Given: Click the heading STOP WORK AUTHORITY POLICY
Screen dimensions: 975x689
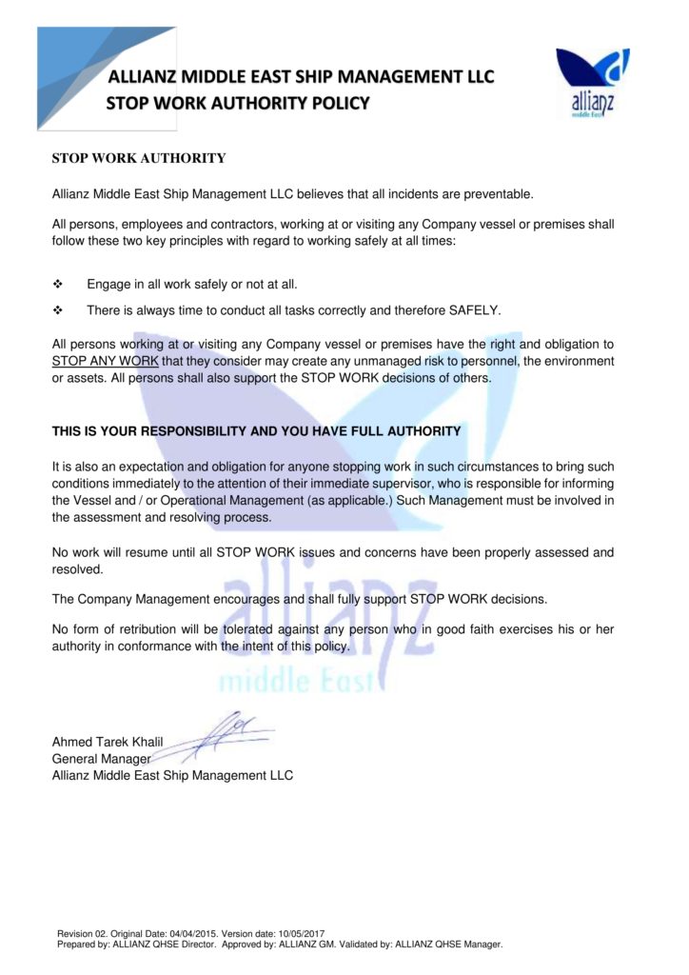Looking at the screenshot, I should (237, 103).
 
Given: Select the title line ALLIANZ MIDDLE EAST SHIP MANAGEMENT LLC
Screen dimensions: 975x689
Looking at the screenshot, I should (301, 76).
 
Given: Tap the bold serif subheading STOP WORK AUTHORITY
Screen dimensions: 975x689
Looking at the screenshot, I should (138, 158).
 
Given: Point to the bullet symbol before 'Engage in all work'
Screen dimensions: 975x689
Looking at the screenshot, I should (58, 285).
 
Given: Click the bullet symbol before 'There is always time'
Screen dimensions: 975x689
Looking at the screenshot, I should (58, 310).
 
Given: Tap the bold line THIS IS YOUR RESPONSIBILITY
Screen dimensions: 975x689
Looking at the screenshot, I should (256, 431).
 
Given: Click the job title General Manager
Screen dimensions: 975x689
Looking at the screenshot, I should (101, 759).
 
